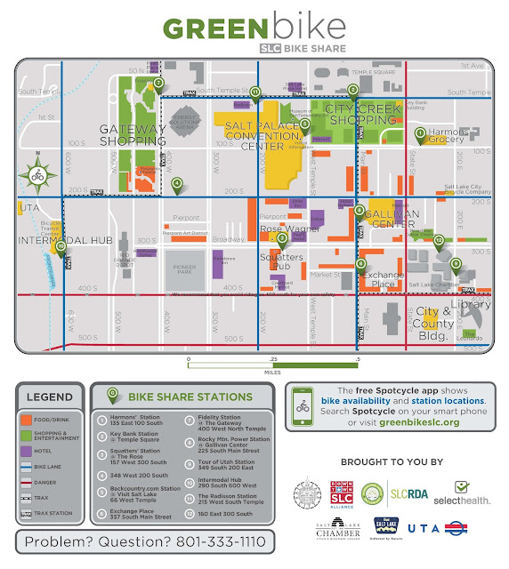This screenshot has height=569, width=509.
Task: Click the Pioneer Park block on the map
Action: [x=186, y=268]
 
